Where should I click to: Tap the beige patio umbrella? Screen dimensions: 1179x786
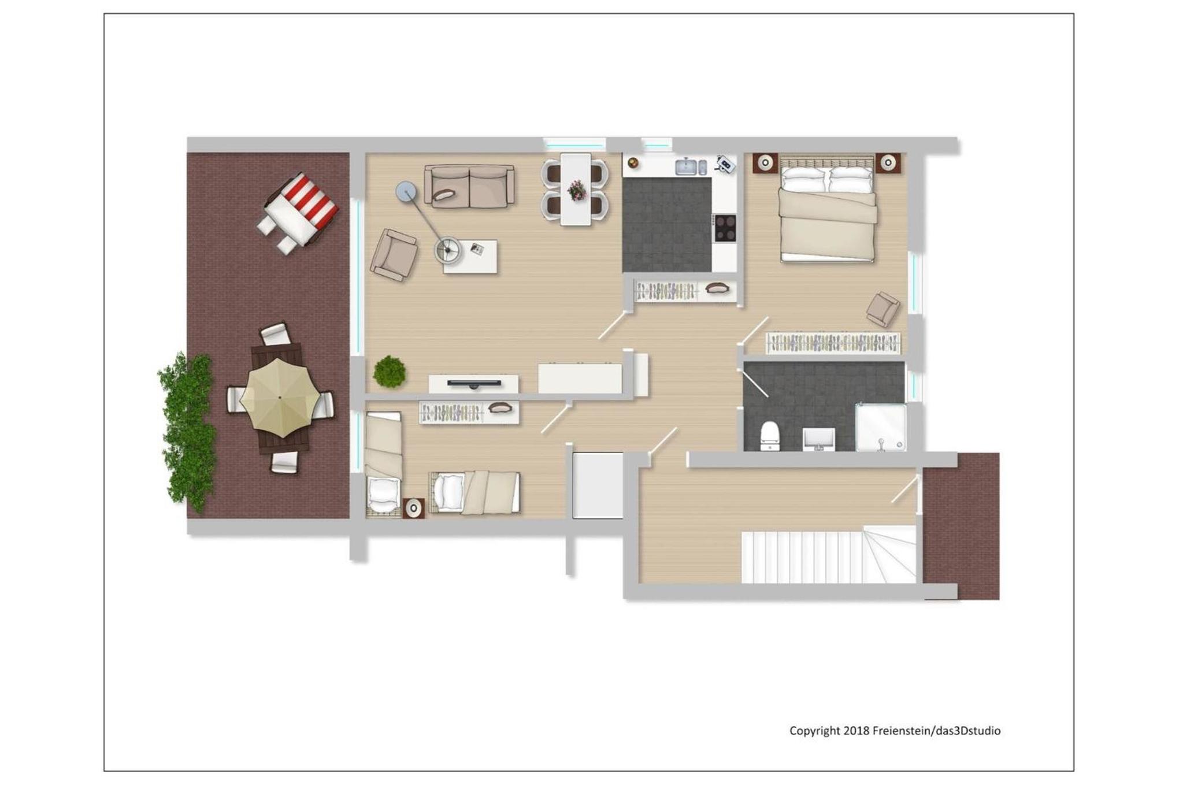point(280,398)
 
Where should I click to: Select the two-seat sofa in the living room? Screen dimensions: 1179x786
point(469,186)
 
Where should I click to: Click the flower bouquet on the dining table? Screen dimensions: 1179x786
point(576,190)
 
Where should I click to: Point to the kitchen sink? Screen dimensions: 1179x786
point(687,166)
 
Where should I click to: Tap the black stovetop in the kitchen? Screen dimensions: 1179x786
point(725,228)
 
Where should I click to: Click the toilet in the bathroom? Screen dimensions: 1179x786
point(770,436)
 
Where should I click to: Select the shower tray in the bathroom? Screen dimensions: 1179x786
point(881,428)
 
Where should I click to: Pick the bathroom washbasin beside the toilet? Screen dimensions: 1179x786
point(819,439)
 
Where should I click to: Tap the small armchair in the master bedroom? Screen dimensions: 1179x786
point(883,309)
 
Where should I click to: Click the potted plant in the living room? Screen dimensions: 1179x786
point(390,372)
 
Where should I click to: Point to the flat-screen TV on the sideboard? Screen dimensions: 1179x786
point(474,383)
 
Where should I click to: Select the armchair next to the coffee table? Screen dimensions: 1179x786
point(394,255)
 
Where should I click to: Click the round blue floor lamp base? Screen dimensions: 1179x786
point(406,192)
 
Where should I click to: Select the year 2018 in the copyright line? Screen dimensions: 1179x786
point(856,731)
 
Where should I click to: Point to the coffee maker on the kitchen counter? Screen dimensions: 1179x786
point(725,164)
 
